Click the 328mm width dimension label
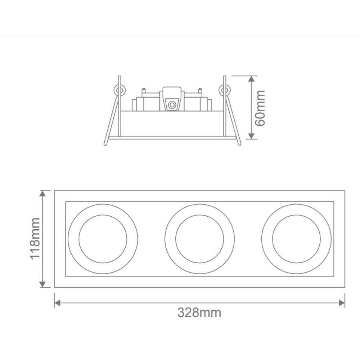(199, 312)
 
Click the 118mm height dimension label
(35, 238)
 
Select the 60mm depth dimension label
(260, 108)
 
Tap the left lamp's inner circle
(103, 239)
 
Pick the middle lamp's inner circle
(199, 239)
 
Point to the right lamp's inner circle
(296, 239)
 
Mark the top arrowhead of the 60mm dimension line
(252, 79)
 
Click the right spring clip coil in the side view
(226, 90)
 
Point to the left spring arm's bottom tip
(105, 144)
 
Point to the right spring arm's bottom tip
(239, 144)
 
